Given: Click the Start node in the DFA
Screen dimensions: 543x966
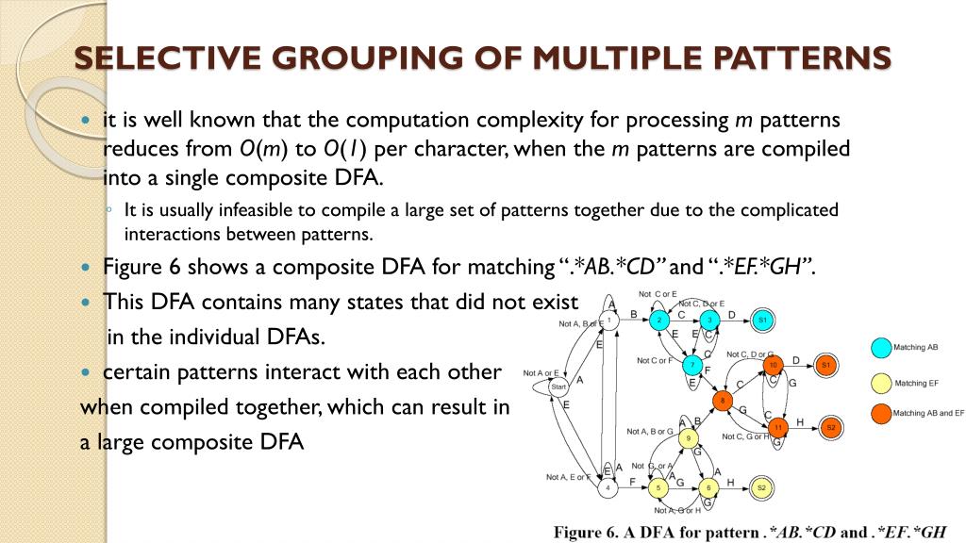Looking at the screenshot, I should (x=558, y=387).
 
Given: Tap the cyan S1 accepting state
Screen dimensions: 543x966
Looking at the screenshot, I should (x=763, y=321).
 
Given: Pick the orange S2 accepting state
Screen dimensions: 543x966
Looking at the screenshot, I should (x=831, y=427).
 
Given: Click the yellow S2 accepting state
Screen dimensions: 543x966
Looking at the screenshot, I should (x=761, y=487).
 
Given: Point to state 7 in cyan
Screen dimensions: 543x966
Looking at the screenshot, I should (x=693, y=365).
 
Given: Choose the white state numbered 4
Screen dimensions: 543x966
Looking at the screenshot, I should (x=608, y=487).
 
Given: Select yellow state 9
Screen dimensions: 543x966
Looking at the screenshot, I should (x=690, y=438).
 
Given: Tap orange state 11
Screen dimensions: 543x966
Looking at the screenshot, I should (x=778, y=427).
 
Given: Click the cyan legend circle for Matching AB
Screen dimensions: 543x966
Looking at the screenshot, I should (x=879, y=348).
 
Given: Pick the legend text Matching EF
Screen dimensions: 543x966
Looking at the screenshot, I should (x=910, y=384).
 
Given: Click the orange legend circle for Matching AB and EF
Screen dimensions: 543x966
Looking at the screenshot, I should (x=879, y=413).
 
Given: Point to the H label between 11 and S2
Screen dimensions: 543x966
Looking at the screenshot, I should (x=800, y=421).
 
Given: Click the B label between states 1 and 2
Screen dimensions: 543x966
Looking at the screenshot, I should (x=633, y=314).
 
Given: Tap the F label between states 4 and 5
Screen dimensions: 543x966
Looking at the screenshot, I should (x=632, y=481).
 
